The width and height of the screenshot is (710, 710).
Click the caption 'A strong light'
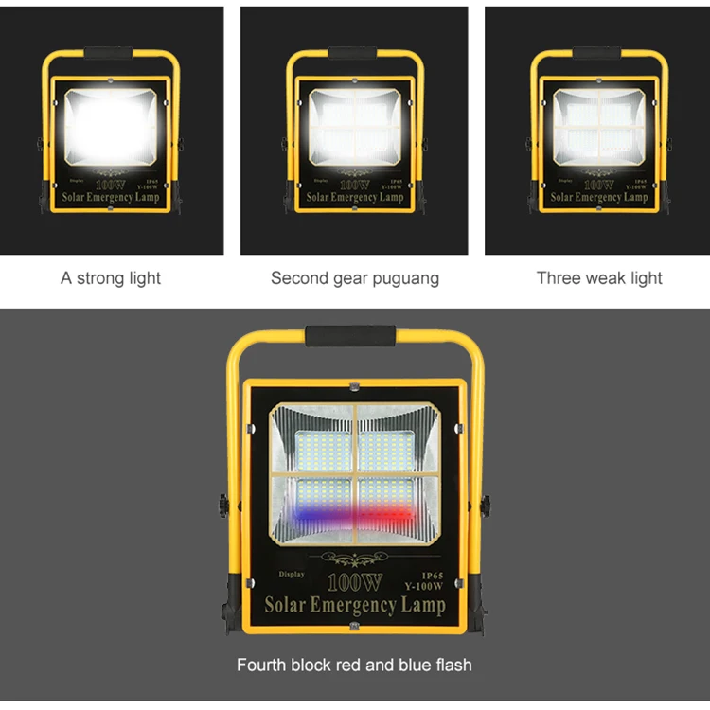111,278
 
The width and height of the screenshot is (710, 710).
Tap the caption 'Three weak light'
599,278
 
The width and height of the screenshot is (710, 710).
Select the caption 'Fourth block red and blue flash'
354,665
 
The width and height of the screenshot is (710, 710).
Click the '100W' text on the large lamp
354,582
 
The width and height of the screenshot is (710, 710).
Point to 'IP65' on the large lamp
431,575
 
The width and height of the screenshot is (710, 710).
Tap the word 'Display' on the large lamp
292,575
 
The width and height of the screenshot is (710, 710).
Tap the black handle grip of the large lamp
350,335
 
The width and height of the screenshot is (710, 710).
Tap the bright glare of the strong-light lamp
111,128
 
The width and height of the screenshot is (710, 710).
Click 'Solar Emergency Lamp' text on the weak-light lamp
599,198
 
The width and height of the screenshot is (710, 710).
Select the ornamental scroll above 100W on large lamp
355,560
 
